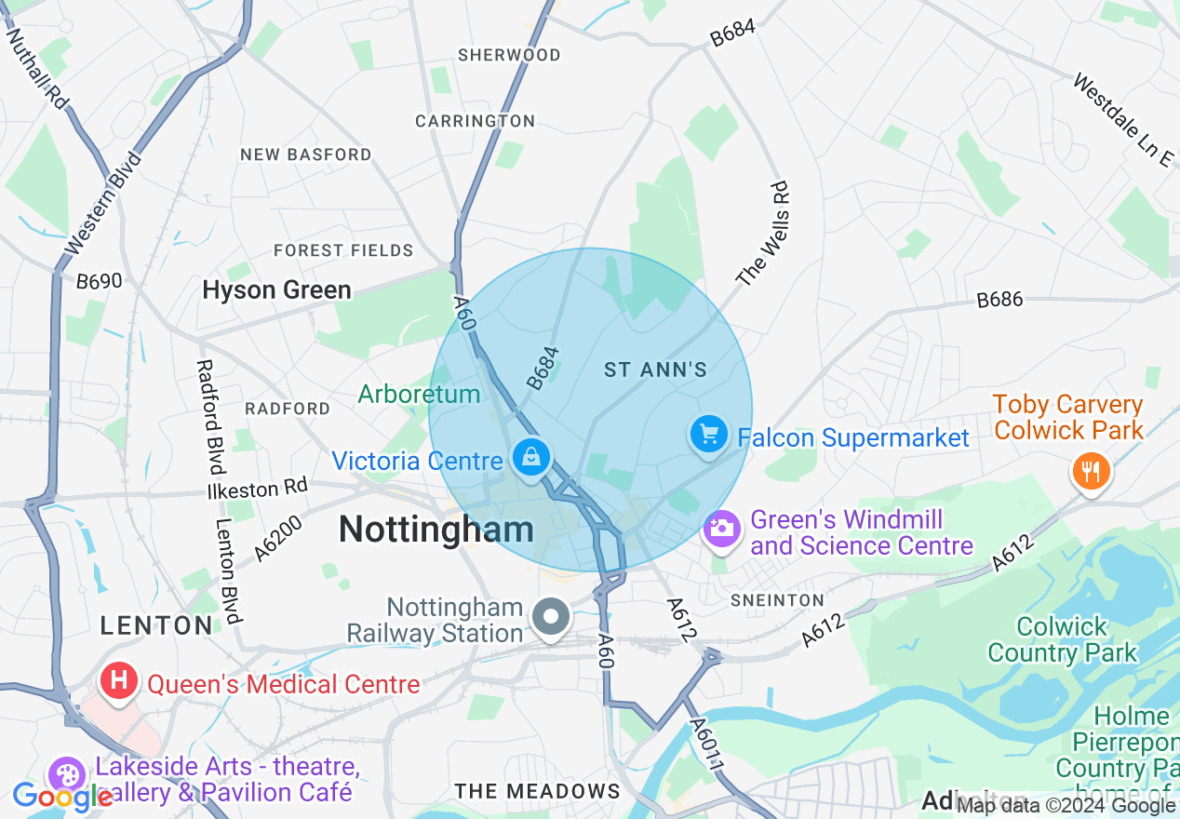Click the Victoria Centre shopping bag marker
530,457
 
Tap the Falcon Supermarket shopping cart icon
709,435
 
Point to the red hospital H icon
119,680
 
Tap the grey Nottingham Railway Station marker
552,616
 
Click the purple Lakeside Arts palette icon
66,774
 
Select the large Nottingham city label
436,530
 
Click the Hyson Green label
276,290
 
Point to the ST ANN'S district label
656,370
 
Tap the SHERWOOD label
509,55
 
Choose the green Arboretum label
419,394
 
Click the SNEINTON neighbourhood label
777,600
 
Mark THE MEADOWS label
537,791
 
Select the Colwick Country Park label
1062,639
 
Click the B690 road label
100,280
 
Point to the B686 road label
999,300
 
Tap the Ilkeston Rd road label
256,489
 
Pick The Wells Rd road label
764,234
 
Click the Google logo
62,797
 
